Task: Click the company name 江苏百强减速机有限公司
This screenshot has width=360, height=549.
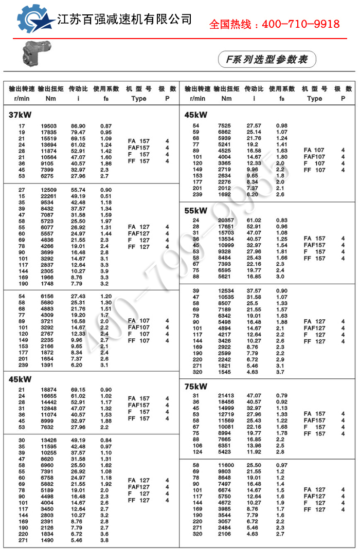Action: (x=124, y=20)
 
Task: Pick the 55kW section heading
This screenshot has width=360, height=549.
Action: (x=196, y=210)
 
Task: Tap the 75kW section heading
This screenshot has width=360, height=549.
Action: (x=196, y=386)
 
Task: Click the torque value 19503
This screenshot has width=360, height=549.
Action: (x=49, y=126)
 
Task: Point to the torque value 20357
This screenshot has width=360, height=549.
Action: (x=224, y=221)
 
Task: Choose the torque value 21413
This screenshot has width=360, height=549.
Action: (x=224, y=395)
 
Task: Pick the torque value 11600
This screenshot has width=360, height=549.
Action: (x=224, y=465)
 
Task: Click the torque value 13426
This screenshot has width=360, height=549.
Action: (x=49, y=441)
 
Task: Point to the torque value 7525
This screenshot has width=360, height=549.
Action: (x=225, y=126)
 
